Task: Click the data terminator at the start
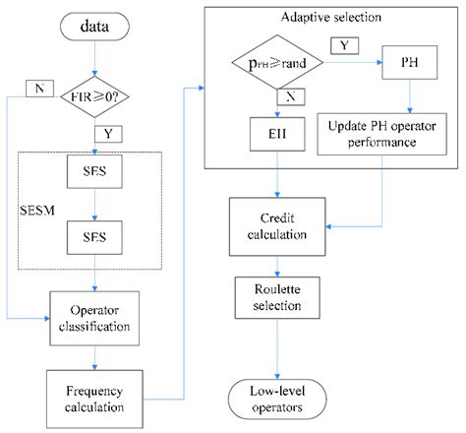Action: (x=93, y=27)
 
